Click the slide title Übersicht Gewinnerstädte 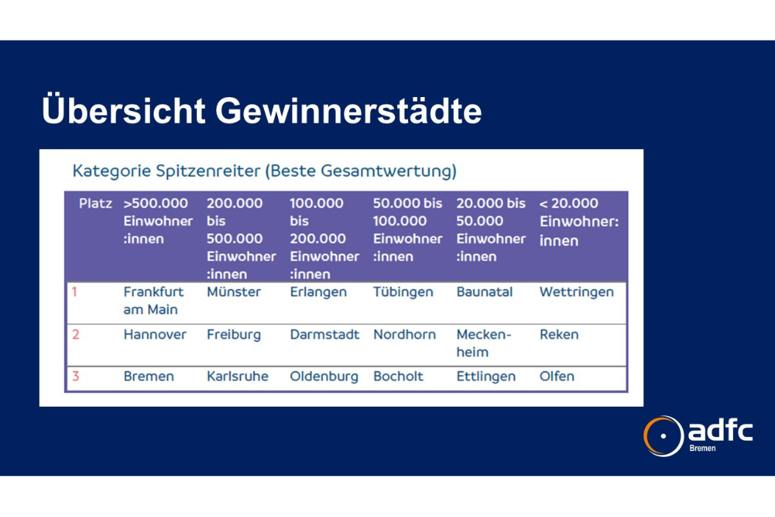tap(262, 110)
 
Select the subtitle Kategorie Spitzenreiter tap(166, 171)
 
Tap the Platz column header tap(96, 203)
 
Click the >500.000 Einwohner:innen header tap(158, 221)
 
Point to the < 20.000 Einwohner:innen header tap(579, 222)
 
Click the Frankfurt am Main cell tap(153, 301)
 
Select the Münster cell tap(233, 292)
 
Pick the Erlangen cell tap(318, 292)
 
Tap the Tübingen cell tap(403, 292)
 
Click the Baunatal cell tap(485, 292)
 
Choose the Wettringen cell tap(576, 292)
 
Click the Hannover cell tap(154, 335)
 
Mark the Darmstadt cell tap(324, 335)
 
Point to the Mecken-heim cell tap(483, 343)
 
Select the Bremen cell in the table tap(149, 376)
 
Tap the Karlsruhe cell tap(238, 376)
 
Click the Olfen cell tap(557, 376)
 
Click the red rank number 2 tap(76, 335)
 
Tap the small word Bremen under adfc tap(702, 449)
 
